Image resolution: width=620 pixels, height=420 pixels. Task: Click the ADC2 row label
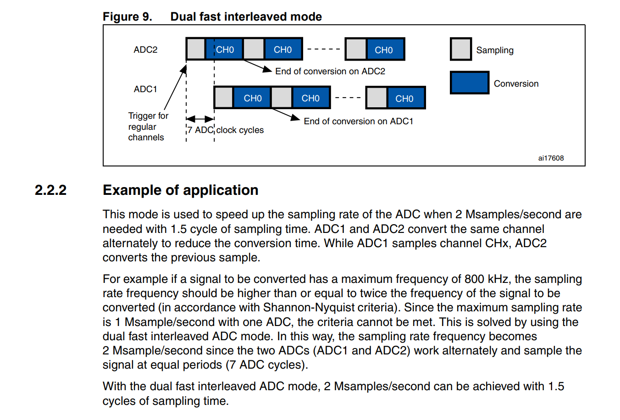[145, 50]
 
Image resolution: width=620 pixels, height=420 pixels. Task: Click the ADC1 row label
[145, 89]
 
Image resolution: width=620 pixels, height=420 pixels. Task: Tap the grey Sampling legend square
[460, 50]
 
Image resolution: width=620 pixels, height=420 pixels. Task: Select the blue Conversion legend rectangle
[469, 83]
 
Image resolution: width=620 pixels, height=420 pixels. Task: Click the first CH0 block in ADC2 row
[225, 50]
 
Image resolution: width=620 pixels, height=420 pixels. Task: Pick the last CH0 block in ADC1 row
[404, 98]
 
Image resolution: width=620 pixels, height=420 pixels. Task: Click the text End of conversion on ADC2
[330, 71]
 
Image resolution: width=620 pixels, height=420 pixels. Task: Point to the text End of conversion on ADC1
[358, 121]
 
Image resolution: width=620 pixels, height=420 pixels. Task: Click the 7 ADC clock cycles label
[225, 130]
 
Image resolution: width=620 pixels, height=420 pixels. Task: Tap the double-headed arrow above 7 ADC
[200, 119]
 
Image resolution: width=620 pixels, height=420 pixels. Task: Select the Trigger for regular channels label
[148, 127]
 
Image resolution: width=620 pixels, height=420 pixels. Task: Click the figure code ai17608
[551, 158]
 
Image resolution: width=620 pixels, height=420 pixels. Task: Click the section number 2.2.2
[51, 190]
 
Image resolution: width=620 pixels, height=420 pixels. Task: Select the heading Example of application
[180, 190]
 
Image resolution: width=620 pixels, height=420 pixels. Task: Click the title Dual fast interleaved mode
[246, 17]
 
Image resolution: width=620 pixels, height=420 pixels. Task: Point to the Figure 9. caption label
[127, 17]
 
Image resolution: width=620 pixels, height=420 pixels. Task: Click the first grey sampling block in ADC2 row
[196, 49]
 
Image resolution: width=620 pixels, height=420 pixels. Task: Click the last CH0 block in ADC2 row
[384, 50]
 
